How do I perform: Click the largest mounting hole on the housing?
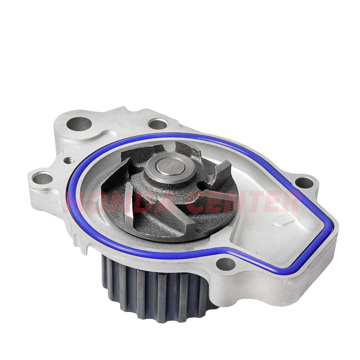point(79,124)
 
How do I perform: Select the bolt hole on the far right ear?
point(304,183)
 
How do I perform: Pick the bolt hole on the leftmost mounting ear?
point(43,178)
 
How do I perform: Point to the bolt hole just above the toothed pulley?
point(226,264)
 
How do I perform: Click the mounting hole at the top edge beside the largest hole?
point(157,124)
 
